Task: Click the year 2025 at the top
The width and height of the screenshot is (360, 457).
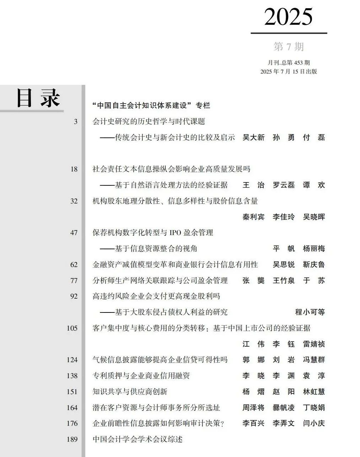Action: tap(288, 17)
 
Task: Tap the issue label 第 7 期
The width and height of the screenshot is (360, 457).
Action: tap(289, 47)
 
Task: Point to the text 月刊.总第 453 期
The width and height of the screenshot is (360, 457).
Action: tap(289, 62)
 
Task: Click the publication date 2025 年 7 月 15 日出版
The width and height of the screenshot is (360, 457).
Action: tap(289, 71)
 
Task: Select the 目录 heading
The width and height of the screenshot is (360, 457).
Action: tap(38, 98)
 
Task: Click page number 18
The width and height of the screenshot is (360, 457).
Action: tap(74, 169)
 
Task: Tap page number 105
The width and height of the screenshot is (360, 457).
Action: tap(72, 328)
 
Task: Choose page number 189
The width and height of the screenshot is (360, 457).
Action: tap(72, 439)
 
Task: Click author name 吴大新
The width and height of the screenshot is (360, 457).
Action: tap(253, 137)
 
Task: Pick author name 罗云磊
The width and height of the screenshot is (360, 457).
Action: tap(284, 185)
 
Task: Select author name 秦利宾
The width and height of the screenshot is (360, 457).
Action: tap(253, 217)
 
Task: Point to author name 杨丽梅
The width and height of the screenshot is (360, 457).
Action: tap(314, 249)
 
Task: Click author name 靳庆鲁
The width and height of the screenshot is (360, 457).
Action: tap(314, 265)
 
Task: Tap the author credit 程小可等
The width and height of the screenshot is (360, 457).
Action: tap(310, 312)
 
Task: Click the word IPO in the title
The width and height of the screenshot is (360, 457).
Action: tap(175, 233)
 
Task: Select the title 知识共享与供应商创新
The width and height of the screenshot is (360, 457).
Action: tap(130, 392)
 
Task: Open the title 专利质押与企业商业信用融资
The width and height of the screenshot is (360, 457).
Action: tap(141, 376)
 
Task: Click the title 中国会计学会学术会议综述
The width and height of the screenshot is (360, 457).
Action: tap(138, 439)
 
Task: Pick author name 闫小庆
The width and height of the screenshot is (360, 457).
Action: tap(314, 423)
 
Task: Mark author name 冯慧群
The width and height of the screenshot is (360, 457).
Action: tap(314, 360)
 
